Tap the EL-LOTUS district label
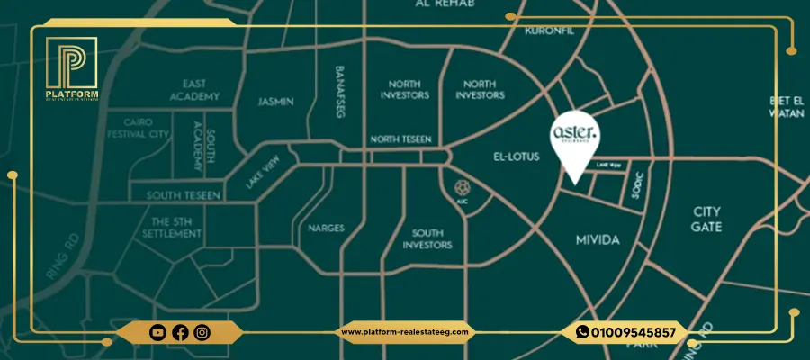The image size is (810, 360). click(517, 156)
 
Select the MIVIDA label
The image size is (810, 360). click(598, 240)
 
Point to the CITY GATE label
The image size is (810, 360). click(706, 220)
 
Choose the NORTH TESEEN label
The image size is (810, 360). click(401, 139)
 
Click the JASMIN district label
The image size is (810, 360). click(275, 102)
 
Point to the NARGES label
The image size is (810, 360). click(326, 228)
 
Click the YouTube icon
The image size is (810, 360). click(158, 332)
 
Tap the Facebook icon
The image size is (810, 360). click(180, 332)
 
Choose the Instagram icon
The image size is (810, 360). click(202, 332)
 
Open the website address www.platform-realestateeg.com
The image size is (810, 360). click(406, 332)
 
